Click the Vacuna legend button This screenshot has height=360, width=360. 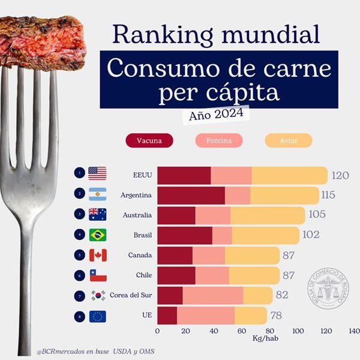coord(149,140)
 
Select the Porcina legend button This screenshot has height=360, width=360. coord(218,140)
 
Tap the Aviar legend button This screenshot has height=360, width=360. coord(289,140)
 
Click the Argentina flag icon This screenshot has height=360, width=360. coord(97,194)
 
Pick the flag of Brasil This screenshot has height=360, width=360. coord(97,235)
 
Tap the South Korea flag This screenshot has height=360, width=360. coord(97,295)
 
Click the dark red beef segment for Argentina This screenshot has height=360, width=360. coord(191,195)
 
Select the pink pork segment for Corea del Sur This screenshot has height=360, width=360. coord(212,295)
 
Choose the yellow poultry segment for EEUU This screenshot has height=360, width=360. coord(289,175)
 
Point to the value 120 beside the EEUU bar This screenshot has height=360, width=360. coord(340,175)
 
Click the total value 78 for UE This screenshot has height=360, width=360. coord(277,316)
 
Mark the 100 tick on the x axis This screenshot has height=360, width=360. coord(298,331)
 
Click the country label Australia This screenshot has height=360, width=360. coord(136,215)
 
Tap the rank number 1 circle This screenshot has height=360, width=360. coord(79,173)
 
